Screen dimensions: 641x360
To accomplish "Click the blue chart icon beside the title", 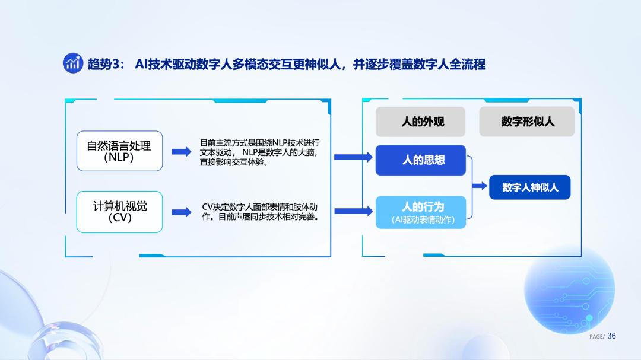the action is (73, 63).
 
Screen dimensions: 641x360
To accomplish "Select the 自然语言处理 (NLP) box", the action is (119, 151).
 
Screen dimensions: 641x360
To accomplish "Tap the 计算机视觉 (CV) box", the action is (119, 212).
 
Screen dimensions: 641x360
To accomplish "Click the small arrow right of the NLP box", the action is (181, 152).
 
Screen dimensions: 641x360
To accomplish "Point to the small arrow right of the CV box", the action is (181, 212).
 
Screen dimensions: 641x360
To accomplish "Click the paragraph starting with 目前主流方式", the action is (259, 152).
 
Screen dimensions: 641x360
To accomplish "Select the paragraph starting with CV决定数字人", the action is (259, 212).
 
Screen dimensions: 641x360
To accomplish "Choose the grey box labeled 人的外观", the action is (420, 122).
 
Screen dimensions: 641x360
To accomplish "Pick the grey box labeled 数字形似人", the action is (527, 122).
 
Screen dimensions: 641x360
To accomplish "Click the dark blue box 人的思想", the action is (421, 160).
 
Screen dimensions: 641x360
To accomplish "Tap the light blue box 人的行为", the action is (421, 212).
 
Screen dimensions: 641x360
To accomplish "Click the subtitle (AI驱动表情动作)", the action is (423, 220).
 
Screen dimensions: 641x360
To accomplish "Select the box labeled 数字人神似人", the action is (530, 187).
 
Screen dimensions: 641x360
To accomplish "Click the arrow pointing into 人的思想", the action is (353, 157).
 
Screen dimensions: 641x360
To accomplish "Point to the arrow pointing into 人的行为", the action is (353, 211).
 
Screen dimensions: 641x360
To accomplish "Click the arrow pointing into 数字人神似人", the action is (480, 186).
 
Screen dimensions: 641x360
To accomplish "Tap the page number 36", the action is (611, 336).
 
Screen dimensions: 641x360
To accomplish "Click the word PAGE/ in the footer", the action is (597, 337).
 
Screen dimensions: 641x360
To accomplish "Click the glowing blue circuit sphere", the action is (569, 289).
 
